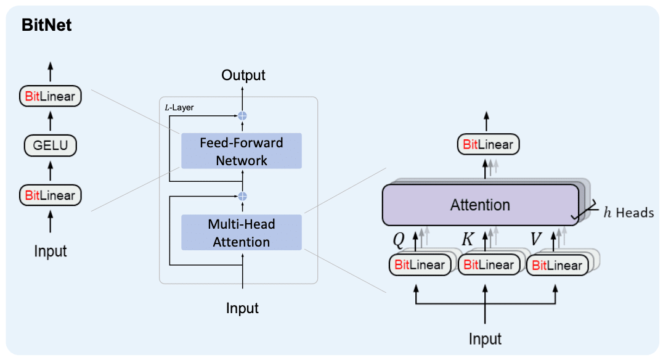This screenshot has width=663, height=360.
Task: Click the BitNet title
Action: click(47, 25)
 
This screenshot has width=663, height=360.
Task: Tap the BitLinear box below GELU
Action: click(51, 195)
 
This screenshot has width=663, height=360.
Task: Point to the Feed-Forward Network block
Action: click(241, 151)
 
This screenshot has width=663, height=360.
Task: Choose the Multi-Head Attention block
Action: click(241, 232)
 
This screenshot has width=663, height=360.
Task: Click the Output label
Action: click(243, 75)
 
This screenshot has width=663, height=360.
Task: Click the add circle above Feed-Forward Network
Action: click(242, 116)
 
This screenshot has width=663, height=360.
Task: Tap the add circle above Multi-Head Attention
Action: click(242, 196)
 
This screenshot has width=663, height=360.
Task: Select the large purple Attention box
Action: click(480, 205)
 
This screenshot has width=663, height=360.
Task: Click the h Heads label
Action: click(627, 213)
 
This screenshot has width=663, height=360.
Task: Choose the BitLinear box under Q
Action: click(420, 265)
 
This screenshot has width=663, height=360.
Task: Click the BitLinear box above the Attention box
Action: click(488, 145)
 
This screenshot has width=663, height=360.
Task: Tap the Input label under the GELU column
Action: click(51, 251)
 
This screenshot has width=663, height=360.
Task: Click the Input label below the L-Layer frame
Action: click(242, 308)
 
